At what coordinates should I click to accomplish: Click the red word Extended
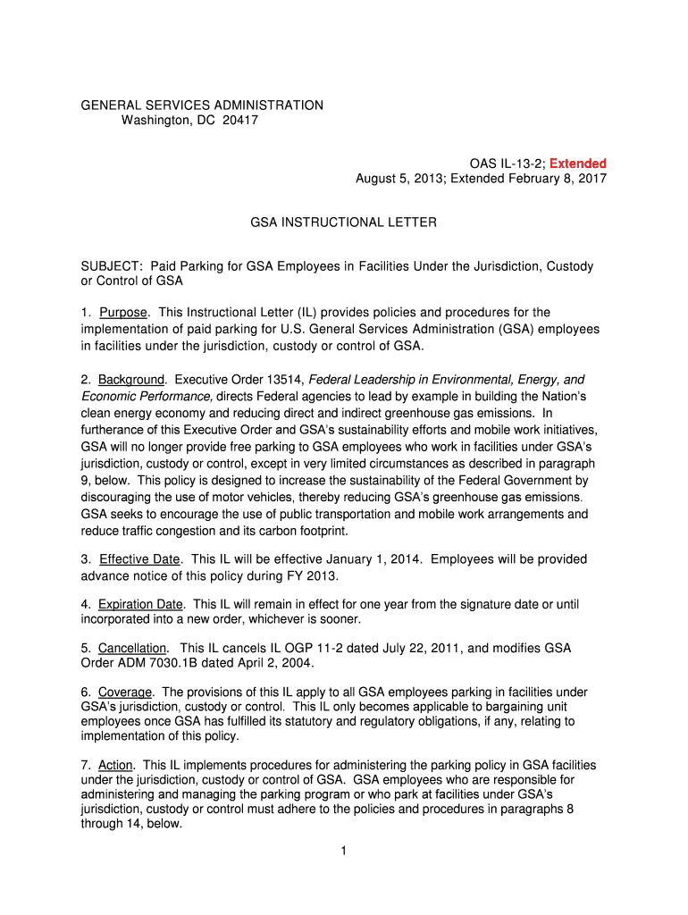[x=578, y=164]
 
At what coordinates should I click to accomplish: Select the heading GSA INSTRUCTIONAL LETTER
[x=343, y=222]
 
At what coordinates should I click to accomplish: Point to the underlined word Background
[x=131, y=380]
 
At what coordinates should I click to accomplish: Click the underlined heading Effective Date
[x=140, y=559]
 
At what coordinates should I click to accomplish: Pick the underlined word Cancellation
[x=132, y=648]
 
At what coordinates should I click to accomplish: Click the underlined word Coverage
[x=126, y=693]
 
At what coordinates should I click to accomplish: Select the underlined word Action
[x=116, y=766]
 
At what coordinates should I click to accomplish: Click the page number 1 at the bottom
[x=343, y=851]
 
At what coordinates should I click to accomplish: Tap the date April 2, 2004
[x=274, y=662]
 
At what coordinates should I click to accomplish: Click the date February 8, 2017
[x=553, y=179]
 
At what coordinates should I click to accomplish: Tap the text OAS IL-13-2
[x=506, y=164]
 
